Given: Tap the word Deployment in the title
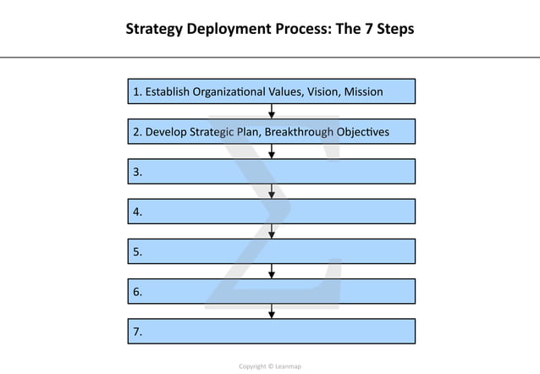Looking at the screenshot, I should point(223,30).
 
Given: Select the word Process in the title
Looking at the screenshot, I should point(299,30).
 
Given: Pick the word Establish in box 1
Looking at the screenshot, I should point(168,91).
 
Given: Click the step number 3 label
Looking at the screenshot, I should point(137,172).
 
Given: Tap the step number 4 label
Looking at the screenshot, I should point(137,212).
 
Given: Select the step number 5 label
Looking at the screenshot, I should point(137,252).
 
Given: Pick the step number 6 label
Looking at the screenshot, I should point(137,292).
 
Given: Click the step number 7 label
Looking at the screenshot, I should point(137,332).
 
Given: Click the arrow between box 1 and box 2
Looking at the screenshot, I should point(271,111).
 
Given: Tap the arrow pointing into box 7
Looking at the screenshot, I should point(271,311).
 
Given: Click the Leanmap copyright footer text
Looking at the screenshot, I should point(270,366).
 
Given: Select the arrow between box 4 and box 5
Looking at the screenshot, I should point(271,232).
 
